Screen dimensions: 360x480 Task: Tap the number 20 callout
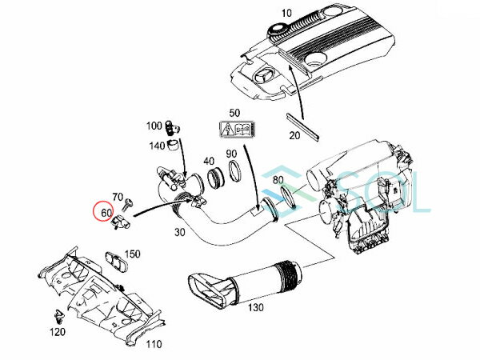coord(294,135)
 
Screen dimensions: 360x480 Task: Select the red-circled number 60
coord(106,213)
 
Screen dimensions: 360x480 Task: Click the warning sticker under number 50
coord(235,131)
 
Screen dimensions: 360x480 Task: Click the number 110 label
coord(154,344)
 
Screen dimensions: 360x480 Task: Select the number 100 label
coord(154,126)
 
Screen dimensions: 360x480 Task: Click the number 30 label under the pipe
coord(178,232)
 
